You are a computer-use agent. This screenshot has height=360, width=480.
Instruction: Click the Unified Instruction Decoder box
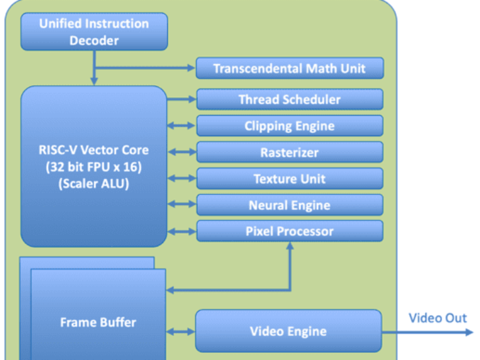[94, 32]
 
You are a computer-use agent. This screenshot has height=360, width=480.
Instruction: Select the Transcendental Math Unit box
[289, 68]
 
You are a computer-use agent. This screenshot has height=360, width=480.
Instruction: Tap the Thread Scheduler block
[289, 100]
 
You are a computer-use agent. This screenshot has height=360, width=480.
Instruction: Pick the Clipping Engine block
[289, 126]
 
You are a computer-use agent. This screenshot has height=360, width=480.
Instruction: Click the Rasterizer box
[289, 152]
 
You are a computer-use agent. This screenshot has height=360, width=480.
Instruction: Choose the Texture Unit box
[289, 179]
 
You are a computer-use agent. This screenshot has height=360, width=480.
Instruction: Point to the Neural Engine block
[289, 205]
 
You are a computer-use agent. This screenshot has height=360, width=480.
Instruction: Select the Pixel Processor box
[289, 231]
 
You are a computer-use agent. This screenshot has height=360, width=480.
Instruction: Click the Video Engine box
[288, 331]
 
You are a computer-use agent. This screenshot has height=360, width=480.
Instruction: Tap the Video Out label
[437, 318]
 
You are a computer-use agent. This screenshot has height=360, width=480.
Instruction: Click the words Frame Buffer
[98, 322]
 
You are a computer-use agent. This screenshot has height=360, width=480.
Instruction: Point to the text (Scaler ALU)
[94, 184]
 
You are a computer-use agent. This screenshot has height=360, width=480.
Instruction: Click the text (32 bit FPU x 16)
[94, 167]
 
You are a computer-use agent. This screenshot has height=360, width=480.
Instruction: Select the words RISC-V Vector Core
[94, 151]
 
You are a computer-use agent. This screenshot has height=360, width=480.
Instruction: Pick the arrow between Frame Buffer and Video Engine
[181, 331]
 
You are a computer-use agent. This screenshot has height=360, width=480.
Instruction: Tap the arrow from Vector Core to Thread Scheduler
[181, 100]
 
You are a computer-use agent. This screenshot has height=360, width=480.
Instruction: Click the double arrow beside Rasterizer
[181, 152]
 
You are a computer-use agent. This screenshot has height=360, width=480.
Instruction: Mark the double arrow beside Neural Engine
[181, 205]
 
